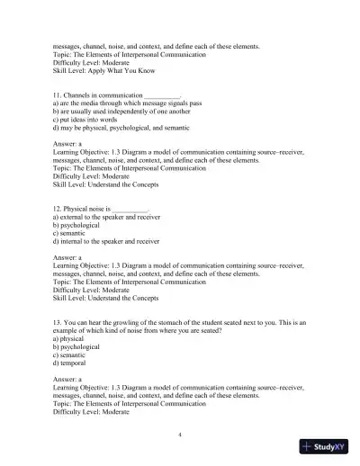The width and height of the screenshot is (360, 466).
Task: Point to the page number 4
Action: click(181, 435)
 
